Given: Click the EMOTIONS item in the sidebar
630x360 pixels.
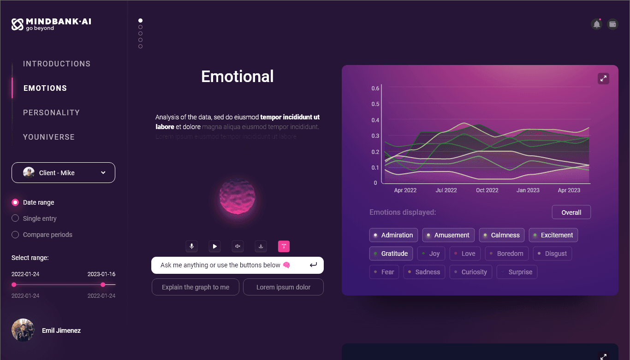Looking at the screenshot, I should point(45,88).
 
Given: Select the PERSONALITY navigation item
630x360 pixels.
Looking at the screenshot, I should point(51,112).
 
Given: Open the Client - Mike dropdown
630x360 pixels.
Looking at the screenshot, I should point(63,173).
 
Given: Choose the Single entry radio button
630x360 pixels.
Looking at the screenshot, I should point(15,218).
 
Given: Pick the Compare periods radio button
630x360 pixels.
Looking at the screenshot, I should point(15,235).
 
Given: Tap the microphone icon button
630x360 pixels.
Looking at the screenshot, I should point(191,246).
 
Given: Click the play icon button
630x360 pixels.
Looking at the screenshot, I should point(214,246).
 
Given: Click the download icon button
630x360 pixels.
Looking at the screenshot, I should point(261,246).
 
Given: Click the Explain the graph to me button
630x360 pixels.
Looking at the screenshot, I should point(196,287).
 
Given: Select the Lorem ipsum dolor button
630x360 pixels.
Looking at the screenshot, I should point(283,287).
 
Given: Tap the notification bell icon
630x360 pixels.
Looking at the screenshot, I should point(596,24).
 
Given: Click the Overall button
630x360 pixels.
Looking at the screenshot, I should point(571,212).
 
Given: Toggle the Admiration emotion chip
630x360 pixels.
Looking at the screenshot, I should point(393,235).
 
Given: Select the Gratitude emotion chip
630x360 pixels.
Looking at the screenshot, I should point(391,254).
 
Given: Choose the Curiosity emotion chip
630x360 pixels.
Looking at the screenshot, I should point(471,272).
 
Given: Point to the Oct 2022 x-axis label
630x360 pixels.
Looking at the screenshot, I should point(487,190).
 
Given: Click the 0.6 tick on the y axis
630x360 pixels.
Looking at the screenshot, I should point(375,89).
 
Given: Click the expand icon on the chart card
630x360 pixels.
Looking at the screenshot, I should point(603,78).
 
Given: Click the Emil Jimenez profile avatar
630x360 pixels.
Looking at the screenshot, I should point(23,330).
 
